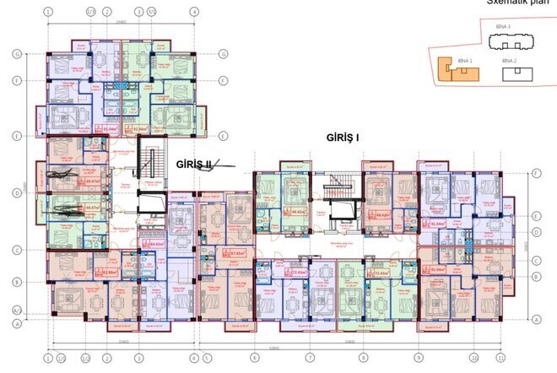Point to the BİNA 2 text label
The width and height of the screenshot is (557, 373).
(x=509, y=62)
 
